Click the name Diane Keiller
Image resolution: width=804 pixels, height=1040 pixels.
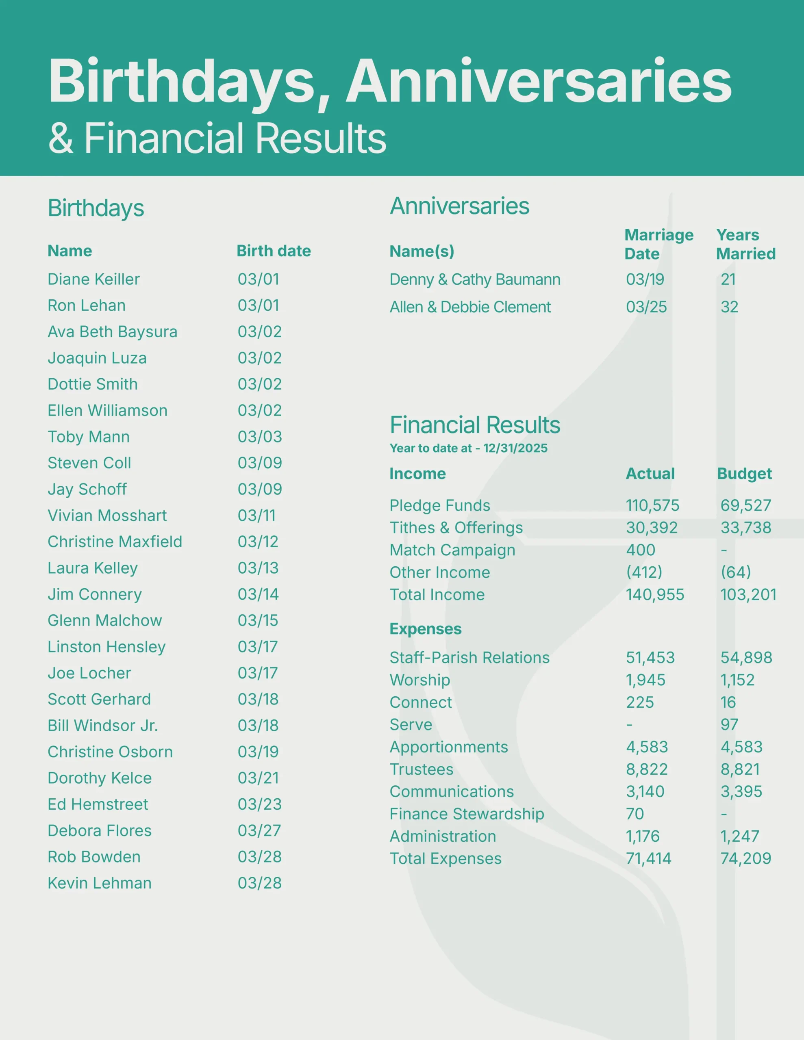pyautogui.click(x=93, y=279)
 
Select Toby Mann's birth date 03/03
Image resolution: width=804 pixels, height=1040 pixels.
pyautogui.click(x=260, y=437)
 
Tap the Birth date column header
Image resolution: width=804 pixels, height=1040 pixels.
pyautogui.click(x=274, y=251)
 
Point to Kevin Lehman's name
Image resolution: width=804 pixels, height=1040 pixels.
pyautogui.click(x=100, y=883)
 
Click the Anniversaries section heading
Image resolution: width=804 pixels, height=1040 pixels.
pyautogui.click(x=459, y=206)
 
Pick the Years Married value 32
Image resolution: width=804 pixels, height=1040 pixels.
pyautogui.click(x=729, y=307)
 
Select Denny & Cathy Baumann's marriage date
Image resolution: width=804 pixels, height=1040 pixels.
pyautogui.click(x=645, y=279)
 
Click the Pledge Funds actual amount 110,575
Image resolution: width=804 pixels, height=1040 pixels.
pyautogui.click(x=652, y=505)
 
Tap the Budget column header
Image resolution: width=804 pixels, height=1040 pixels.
pyautogui.click(x=744, y=474)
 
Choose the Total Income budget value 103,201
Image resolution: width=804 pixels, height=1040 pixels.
pyautogui.click(x=748, y=594)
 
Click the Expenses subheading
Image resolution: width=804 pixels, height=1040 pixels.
pyautogui.click(x=425, y=629)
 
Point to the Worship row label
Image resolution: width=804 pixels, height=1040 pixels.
pyautogui.click(x=419, y=680)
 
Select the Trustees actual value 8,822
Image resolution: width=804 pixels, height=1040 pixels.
pyautogui.click(x=647, y=769)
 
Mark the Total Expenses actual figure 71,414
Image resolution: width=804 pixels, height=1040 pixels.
pyautogui.click(x=648, y=858)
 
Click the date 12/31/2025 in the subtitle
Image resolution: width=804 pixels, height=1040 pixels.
pyautogui.click(x=515, y=448)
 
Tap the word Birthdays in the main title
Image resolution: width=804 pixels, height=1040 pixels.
pyautogui.click(x=183, y=81)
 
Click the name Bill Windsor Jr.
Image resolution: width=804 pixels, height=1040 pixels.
pyautogui.click(x=102, y=725)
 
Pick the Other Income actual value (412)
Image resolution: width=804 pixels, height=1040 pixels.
pyautogui.click(x=644, y=572)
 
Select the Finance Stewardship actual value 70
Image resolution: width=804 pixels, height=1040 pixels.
pyautogui.click(x=635, y=814)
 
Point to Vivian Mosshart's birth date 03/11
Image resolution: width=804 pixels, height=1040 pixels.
pyautogui.click(x=256, y=515)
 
